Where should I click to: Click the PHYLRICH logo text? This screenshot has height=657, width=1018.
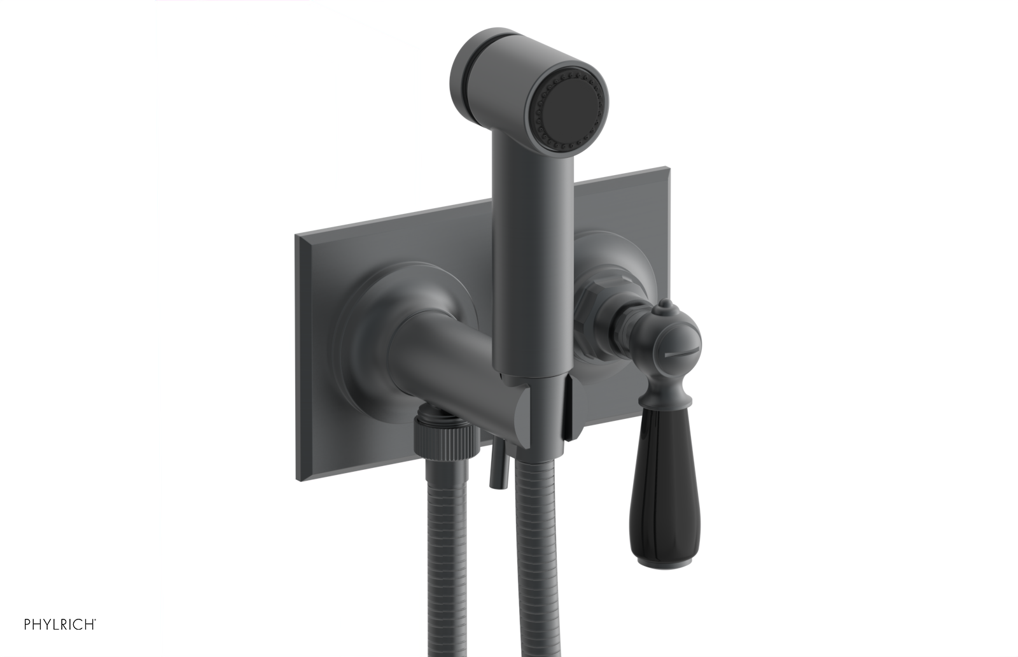click(x=60, y=623)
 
